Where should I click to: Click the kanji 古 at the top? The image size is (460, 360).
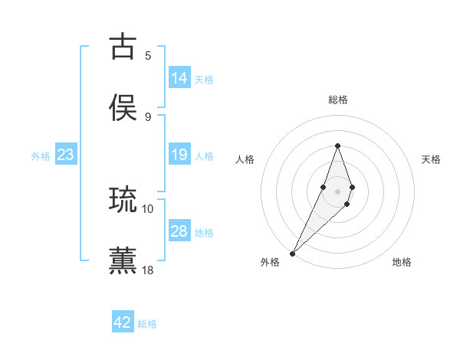123,47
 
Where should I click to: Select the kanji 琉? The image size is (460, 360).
123,200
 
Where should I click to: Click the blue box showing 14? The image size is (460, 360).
179,78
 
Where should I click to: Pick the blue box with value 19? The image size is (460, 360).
179,155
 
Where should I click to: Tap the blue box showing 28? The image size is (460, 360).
179,231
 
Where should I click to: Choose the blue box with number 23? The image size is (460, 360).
66,155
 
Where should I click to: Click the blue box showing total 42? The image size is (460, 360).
123,322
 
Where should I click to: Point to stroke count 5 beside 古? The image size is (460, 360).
148,55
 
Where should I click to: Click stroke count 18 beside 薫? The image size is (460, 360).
148,270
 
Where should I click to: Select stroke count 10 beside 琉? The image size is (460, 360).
148,208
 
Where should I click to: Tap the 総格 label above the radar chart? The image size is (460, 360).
337,100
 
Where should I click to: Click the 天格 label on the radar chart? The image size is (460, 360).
432,159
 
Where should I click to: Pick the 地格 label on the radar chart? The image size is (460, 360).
402,262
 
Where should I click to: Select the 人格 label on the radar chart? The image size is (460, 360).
245,159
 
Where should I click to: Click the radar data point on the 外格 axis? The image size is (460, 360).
292,253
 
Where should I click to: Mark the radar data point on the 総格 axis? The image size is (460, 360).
337,146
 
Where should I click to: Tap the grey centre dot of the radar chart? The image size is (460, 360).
337,190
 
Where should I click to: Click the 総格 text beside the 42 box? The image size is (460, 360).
148,324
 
